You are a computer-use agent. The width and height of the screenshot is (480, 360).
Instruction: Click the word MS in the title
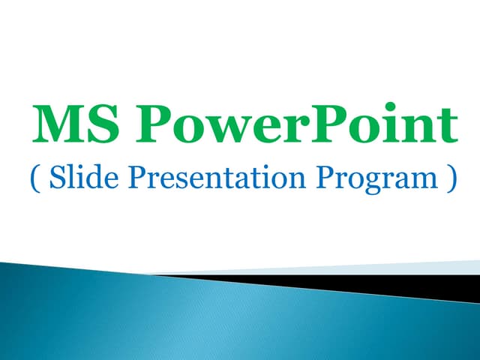(73, 126)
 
